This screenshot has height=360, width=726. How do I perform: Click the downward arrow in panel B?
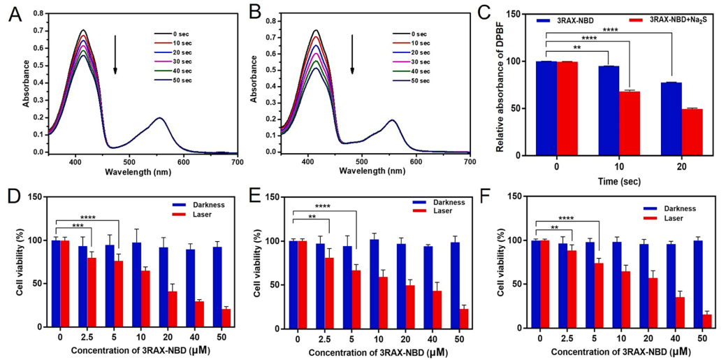pos(352,55)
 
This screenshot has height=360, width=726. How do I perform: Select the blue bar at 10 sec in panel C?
pos(609,110)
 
